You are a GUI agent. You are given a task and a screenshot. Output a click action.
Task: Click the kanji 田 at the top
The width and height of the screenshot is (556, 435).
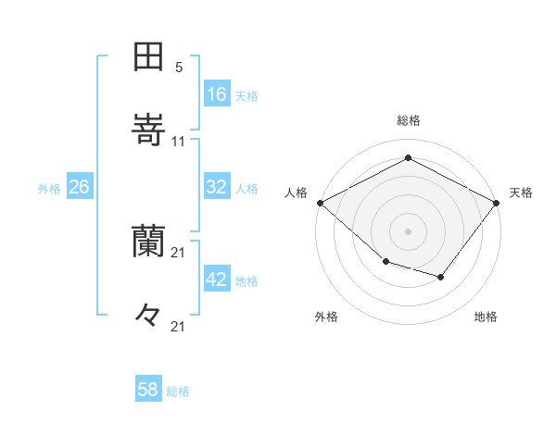click(x=148, y=57)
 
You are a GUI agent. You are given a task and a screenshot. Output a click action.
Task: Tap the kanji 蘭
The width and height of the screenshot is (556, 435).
click(x=148, y=242)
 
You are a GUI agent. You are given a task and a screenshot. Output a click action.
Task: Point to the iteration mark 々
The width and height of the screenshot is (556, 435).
click(x=148, y=315)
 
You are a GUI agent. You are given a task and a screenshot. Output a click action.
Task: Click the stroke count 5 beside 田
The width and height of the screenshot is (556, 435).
click(x=179, y=68)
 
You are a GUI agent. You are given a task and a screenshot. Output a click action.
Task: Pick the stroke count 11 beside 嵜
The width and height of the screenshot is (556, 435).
click(x=179, y=142)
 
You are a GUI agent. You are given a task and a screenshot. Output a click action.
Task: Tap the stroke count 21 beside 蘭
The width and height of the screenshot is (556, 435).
click(x=179, y=253)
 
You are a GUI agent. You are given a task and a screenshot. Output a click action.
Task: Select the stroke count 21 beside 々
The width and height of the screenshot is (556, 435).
click(x=179, y=326)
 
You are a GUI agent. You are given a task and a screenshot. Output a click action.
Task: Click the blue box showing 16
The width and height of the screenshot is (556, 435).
click(x=217, y=94)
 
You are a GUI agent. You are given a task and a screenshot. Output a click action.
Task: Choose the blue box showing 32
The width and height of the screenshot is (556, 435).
click(x=217, y=187)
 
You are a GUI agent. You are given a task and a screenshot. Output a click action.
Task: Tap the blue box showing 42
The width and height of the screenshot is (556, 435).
click(x=217, y=280)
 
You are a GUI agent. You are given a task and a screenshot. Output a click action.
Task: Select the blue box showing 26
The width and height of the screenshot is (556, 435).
click(x=80, y=187)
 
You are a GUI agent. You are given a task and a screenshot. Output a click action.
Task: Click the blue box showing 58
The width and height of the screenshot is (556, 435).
click(x=148, y=390)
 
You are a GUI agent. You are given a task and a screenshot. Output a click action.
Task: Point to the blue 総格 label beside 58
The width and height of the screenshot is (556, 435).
click(x=179, y=391)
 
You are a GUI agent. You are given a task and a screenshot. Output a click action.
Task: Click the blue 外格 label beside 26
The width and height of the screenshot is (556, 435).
click(x=49, y=189)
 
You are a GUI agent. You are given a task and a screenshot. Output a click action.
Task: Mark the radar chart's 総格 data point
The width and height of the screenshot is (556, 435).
click(x=408, y=156)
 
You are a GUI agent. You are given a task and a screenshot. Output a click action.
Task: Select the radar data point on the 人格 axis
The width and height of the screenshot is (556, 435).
click(x=320, y=202)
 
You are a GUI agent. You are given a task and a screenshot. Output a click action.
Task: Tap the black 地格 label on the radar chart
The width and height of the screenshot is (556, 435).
click(x=486, y=317)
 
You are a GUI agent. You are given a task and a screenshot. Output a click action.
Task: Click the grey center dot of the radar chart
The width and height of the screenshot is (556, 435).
click(x=408, y=230)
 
